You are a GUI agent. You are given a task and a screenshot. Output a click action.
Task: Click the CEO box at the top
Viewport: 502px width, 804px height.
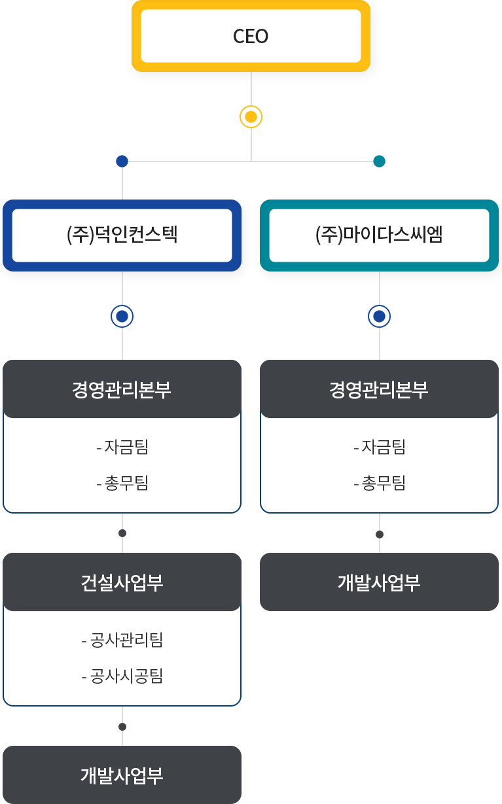click(x=251, y=36)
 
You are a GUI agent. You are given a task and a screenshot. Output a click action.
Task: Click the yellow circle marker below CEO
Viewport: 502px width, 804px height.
click(x=251, y=117)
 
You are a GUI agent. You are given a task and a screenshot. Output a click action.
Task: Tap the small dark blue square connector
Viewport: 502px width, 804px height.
click(x=122, y=161)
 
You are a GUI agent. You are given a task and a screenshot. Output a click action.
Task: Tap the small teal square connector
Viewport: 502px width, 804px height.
click(x=379, y=161)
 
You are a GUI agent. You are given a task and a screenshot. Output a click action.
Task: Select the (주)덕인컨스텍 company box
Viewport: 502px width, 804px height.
click(x=122, y=235)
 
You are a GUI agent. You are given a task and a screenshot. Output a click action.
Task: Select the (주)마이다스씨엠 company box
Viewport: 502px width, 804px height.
click(x=379, y=235)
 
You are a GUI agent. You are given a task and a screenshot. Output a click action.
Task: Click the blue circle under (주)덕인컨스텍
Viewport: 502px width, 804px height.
click(x=122, y=316)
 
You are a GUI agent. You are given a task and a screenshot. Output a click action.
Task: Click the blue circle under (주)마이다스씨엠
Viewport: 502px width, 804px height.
click(x=379, y=316)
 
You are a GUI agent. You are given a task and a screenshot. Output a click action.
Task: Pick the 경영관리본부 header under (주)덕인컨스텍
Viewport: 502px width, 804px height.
click(x=122, y=389)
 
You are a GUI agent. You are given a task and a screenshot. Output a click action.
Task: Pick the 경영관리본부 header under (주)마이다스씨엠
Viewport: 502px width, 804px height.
click(x=379, y=389)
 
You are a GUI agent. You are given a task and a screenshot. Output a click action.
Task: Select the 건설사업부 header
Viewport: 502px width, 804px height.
click(x=122, y=582)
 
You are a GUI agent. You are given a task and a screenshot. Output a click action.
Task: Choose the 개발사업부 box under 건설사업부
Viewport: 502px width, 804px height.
click(x=122, y=775)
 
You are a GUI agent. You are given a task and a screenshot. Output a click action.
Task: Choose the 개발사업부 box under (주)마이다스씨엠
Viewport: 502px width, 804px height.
click(x=379, y=582)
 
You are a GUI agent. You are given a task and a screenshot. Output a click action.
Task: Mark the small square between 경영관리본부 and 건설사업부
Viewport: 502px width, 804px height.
click(x=122, y=533)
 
